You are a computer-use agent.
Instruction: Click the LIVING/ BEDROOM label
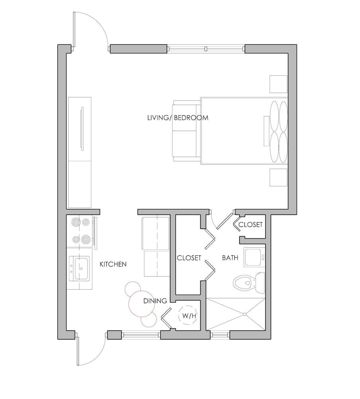tap(178, 118)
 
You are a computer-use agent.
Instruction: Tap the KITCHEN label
tap(113, 264)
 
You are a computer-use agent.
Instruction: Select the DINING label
tap(155, 301)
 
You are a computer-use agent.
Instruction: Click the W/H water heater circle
tap(189, 316)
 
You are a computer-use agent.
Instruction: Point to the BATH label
tap(230, 258)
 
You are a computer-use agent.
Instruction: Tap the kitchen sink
tap(81, 269)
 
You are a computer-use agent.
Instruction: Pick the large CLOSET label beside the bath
tap(189, 258)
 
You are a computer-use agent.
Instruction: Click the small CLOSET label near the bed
tap(250, 225)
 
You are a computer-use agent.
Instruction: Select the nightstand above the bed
tap(278, 84)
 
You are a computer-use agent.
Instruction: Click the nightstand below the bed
tap(278, 177)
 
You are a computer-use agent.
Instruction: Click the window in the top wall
tap(206, 49)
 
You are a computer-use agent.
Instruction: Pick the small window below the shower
tap(218, 335)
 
